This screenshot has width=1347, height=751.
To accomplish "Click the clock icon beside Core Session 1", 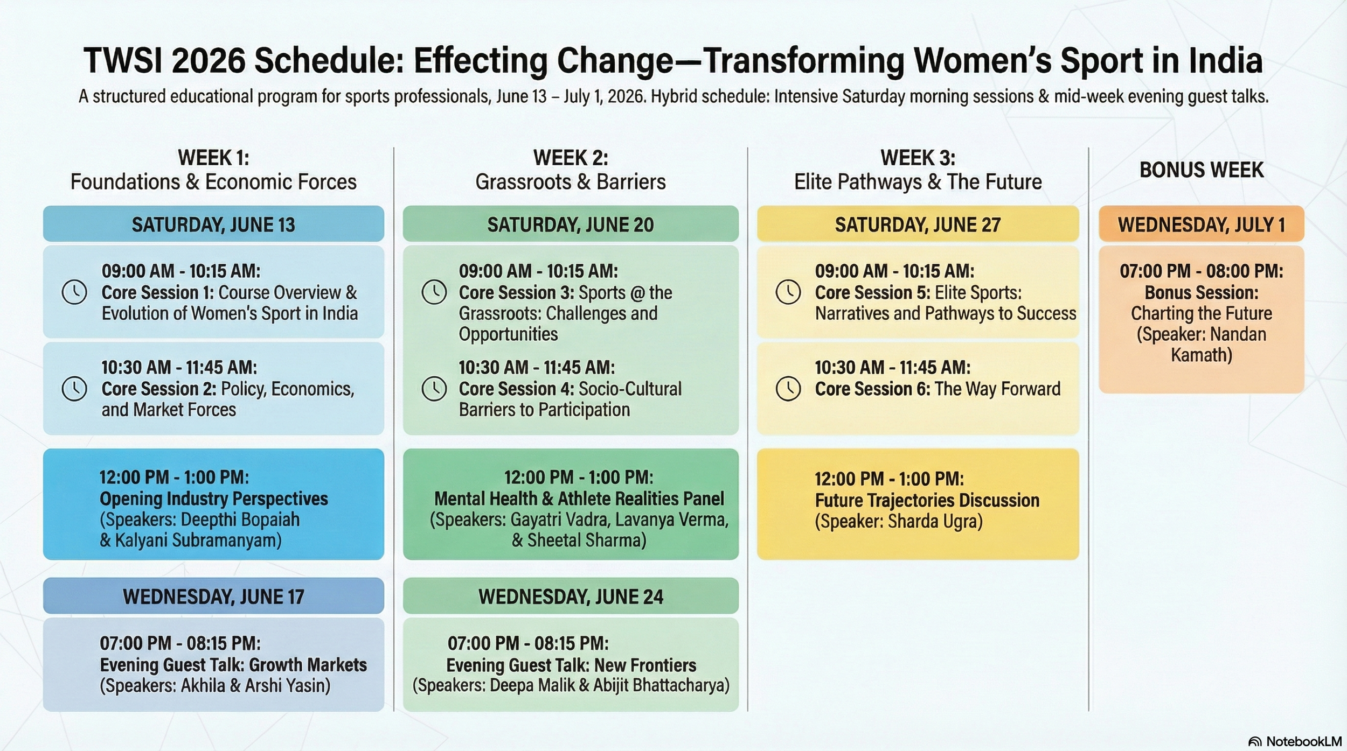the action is point(74,292).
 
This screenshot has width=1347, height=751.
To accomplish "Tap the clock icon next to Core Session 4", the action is point(434,389).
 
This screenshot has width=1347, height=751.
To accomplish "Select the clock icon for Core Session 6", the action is point(788,389).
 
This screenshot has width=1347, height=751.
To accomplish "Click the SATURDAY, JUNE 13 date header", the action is point(213,224).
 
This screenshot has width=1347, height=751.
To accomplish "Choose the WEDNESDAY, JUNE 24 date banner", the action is point(571,596).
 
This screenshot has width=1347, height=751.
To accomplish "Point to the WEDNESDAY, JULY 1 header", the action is point(1202,224).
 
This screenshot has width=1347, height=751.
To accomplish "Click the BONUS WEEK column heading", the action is point(1202,170).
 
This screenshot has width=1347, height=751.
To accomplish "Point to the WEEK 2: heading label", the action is point(571,158).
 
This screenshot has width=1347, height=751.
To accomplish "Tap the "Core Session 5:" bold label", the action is point(872,293).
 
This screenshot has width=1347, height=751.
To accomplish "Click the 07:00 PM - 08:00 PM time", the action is point(1202,271).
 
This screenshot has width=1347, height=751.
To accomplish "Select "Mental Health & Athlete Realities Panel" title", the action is point(579,499).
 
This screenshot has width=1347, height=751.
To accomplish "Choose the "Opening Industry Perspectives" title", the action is point(214,499).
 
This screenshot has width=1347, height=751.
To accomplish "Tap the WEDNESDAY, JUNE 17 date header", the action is point(213,596).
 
